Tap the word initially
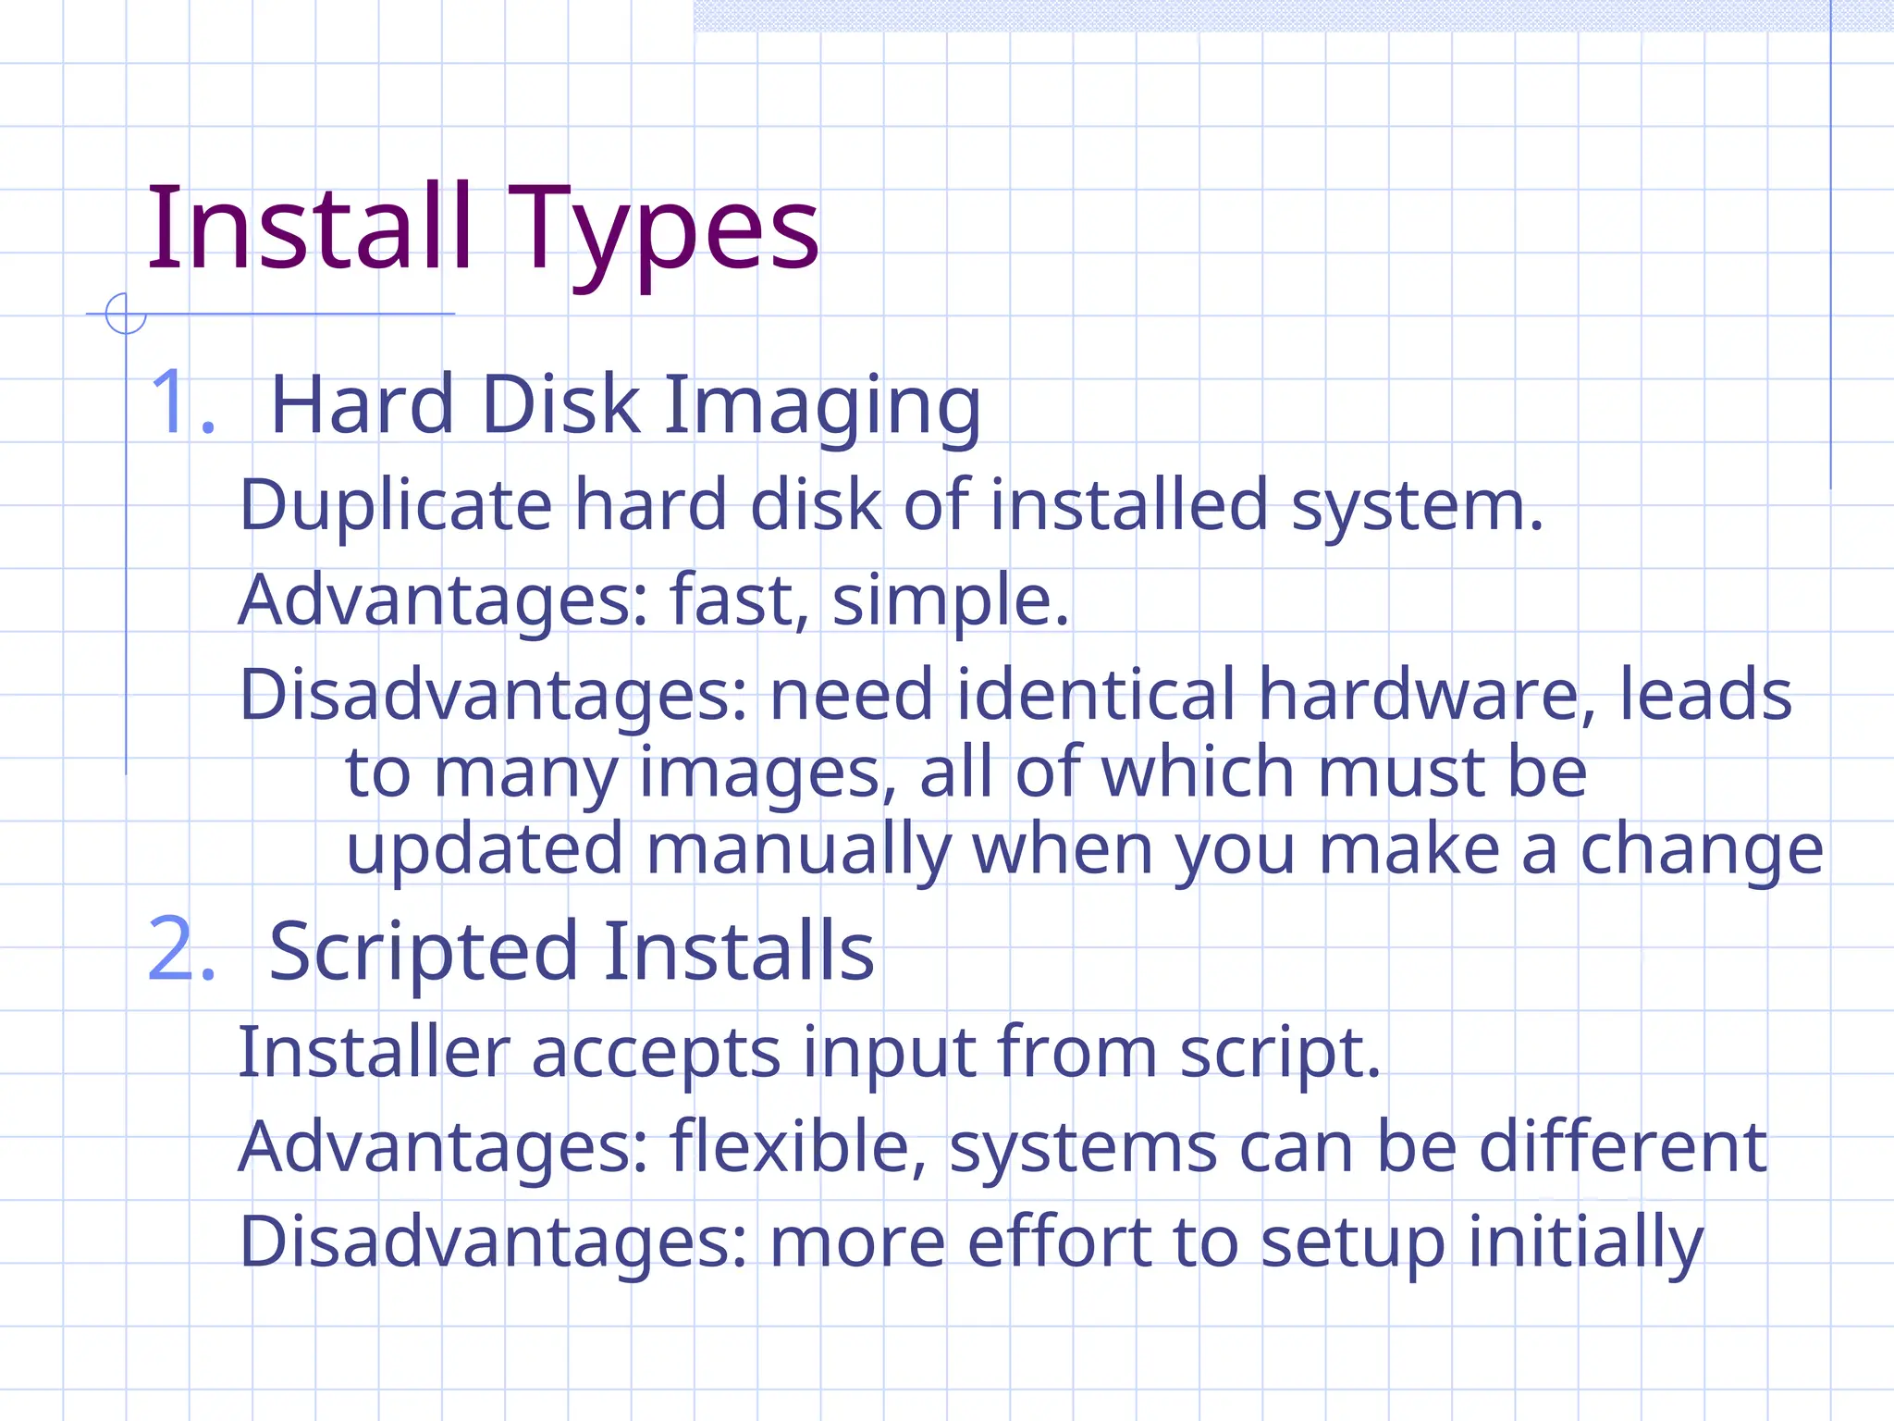(x=1585, y=1242)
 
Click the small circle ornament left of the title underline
(x=126, y=314)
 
